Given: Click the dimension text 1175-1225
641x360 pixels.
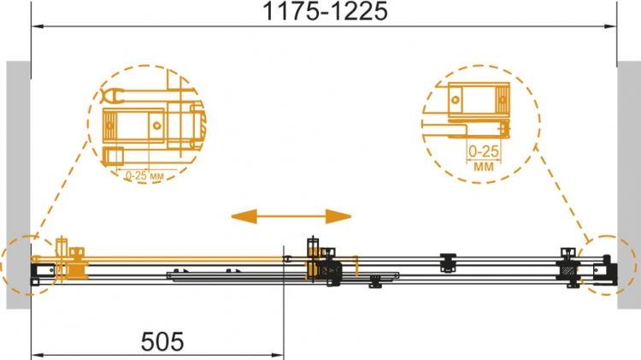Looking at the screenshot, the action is click(325, 11).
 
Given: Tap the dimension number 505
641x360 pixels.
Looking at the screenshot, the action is click(162, 341).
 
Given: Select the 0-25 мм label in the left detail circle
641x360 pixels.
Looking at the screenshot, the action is click(144, 176).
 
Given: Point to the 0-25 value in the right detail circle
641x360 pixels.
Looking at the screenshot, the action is click(484, 151).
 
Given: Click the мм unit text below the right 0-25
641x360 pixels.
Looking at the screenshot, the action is click(484, 167).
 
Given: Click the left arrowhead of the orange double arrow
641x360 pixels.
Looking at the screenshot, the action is click(244, 216).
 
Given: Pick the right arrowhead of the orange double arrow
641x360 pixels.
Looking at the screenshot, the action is click(338, 216).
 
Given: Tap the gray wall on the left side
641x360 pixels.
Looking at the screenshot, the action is click(18, 185).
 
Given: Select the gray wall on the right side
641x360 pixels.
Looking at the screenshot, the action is click(629, 185).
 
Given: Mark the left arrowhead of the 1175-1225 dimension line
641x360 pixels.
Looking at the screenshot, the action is click(38, 27).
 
